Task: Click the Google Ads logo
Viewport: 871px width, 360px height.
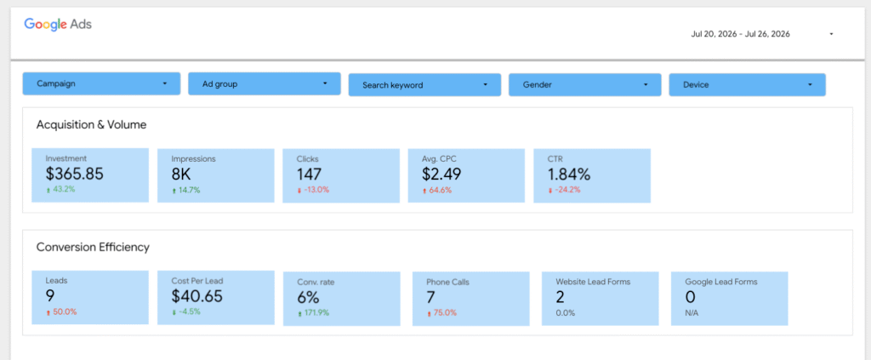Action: [58, 25]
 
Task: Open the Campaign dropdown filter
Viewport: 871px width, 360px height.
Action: [102, 83]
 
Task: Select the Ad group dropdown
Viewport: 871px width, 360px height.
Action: [265, 83]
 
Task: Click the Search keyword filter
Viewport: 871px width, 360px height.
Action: [425, 85]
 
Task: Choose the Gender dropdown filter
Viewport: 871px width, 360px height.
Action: [585, 85]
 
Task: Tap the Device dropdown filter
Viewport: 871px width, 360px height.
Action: [747, 85]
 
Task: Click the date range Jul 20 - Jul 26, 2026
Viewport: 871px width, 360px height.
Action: [741, 34]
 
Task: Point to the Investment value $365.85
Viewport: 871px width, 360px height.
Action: [75, 174]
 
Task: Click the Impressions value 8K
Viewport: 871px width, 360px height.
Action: [181, 174]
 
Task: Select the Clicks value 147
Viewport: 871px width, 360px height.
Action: [309, 174]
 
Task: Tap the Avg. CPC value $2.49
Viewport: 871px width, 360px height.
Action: [441, 174]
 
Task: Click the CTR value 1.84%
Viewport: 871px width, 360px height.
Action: [569, 174]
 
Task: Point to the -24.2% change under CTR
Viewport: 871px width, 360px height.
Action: [564, 190]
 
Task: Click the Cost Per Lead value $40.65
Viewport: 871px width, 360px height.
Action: [197, 296]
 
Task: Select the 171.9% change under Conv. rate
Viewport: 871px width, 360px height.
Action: [313, 313]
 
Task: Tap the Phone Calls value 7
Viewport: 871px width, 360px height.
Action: [430, 297]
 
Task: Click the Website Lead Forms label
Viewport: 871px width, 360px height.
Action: [593, 282]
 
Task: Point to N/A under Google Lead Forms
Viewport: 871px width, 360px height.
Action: [692, 313]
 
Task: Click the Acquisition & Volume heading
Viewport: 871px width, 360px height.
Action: [91, 125]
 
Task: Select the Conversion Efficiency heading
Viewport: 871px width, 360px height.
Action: [93, 248]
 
